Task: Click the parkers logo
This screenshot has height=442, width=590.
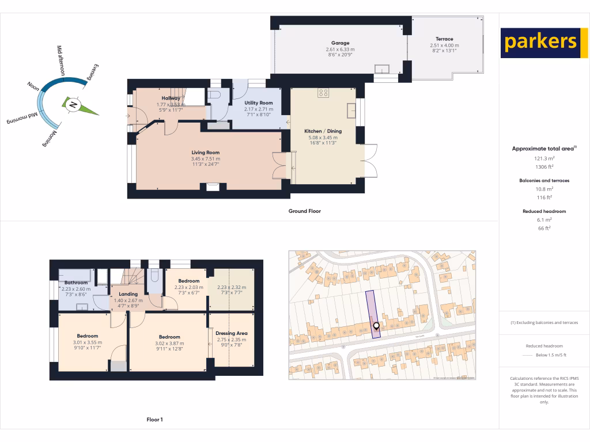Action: click(540, 43)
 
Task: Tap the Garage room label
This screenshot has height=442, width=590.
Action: click(340, 43)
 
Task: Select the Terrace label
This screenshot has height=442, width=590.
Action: click(444, 39)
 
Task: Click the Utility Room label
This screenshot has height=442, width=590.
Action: click(258, 102)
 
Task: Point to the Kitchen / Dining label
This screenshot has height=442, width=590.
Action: click(323, 131)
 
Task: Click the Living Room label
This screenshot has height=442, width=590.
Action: click(206, 152)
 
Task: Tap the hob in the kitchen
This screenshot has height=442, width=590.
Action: click(323, 92)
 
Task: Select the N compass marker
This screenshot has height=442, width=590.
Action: click(73, 105)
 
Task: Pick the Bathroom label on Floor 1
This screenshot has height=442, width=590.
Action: click(76, 283)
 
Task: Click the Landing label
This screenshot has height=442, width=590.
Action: click(128, 294)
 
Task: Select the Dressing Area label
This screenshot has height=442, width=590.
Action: click(231, 333)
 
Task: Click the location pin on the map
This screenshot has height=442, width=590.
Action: click(376, 327)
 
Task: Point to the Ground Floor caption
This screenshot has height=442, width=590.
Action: click(304, 211)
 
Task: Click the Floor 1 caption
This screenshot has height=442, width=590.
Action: click(154, 420)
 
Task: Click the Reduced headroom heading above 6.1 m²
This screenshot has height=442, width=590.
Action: click(544, 211)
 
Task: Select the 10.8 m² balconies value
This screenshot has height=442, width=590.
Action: click(544, 188)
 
